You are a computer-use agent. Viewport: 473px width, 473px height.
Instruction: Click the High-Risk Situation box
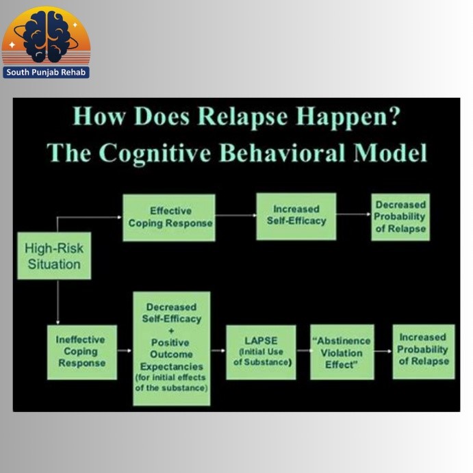(54, 256)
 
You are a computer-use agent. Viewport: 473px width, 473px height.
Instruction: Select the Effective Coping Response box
(170, 217)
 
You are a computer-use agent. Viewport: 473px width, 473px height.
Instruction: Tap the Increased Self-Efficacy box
(296, 215)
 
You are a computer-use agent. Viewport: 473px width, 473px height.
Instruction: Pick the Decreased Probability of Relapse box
(400, 216)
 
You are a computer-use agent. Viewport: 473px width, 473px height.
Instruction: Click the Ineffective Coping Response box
(81, 352)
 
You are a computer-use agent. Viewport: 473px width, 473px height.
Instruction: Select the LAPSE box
(261, 352)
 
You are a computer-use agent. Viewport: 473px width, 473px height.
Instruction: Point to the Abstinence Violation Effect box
(342, 352)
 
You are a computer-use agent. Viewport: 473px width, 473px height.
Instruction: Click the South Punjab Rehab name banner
(47, 72)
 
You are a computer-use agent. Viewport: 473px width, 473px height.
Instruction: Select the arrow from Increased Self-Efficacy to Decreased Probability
(354, 215)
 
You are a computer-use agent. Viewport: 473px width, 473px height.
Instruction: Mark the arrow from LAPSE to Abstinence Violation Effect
(303, 350)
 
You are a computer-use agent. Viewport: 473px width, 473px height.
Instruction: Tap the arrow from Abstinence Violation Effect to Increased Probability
(383, 350)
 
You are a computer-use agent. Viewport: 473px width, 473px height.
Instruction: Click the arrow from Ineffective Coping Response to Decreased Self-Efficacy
(125, 350)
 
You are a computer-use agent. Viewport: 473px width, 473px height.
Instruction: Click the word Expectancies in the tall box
(171, 366)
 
